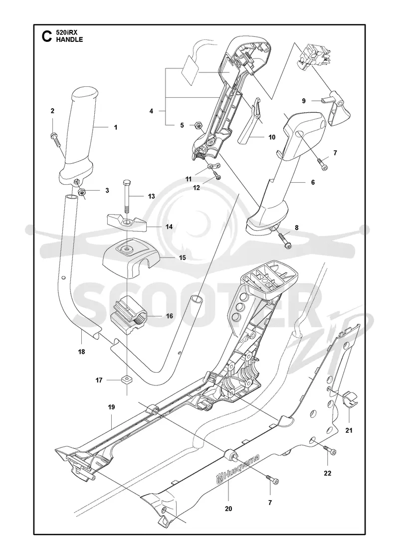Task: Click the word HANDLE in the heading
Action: [x=69, y=39]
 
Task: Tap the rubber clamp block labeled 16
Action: [x=130, y=315]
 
